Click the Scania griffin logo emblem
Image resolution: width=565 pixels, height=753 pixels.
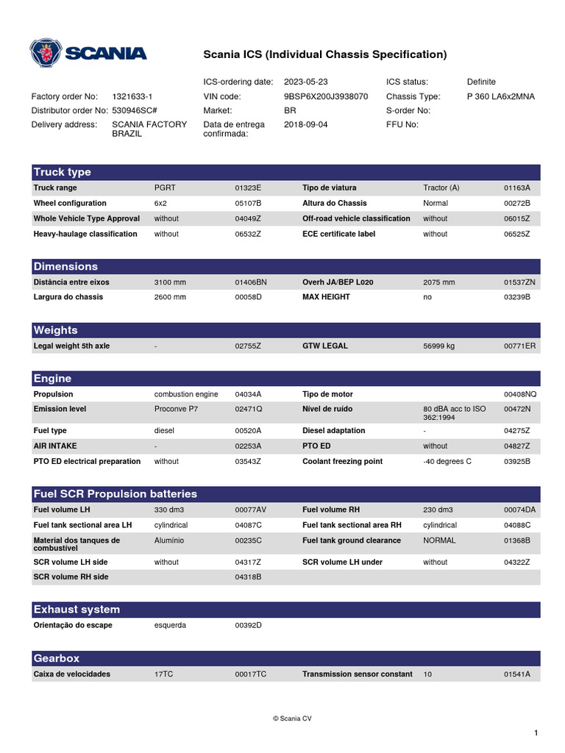pyautogui.click(x=46, y=54)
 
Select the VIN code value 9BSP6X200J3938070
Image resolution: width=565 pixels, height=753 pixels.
pyautogui.click(x=325, y=96)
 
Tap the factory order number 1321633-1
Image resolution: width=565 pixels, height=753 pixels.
pyautogui.click(x=132, y=96)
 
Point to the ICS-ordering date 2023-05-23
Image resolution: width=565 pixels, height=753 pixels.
pyautogui.click(x=305, y=82)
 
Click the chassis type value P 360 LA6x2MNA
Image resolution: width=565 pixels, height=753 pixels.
pyautogui.click(x=501, y=96)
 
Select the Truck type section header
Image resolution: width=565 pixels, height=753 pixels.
pyautogui.click(x=63, y=172)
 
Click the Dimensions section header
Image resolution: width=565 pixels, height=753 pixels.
pyautogui.click(x=65, y=266)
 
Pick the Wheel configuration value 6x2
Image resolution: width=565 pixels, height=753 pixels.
pyautogui.click(x=161, y=203)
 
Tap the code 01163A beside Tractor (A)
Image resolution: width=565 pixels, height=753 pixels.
pyautogui.click(x=517, y=188)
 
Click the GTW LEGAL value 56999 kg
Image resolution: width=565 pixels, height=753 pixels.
pyautogui.click(x=444, y=346)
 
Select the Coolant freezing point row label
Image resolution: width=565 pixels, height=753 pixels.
pyautogui.click(x=342, y=462)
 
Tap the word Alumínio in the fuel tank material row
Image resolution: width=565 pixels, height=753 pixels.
pyautogui.click(x=169, y=540)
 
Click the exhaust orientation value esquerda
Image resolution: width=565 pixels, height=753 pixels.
pyautogui.click(x=170, y=625)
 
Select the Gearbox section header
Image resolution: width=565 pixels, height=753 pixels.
pyautogui.click(x=57, y=658)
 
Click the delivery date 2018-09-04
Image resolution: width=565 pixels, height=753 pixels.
pyautogui.click(x=305, y=124)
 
